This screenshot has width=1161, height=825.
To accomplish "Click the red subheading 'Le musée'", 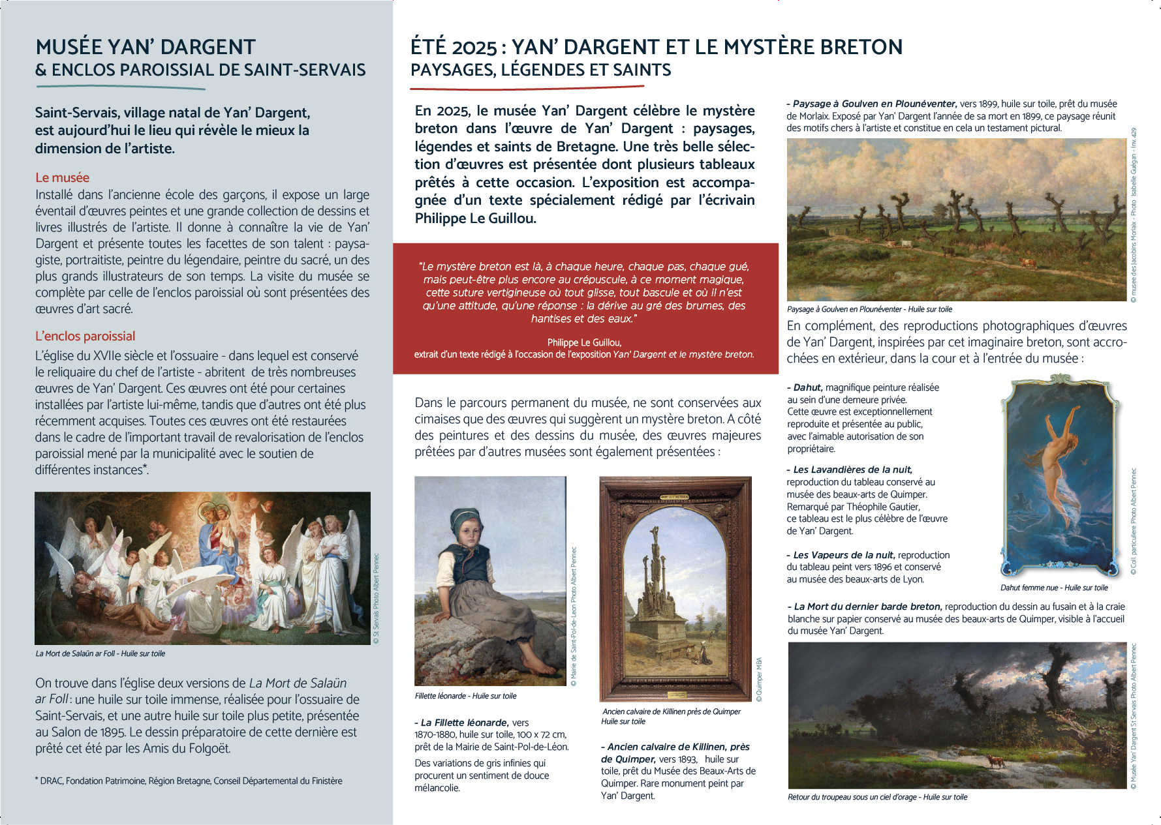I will point(62,177).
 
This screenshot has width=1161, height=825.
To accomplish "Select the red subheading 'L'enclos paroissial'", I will point(85,336).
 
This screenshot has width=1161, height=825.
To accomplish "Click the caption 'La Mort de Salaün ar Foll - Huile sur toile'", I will point(101,653).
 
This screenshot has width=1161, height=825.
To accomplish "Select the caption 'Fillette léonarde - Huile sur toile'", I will point(465,696).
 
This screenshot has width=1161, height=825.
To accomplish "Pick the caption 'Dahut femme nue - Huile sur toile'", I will point(1054,588).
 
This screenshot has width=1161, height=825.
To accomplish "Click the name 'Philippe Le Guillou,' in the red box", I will point(584,342).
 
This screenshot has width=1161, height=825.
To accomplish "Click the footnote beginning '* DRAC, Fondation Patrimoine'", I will point(189,781).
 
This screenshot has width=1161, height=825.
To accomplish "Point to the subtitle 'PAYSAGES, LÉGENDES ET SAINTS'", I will point(540,70).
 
